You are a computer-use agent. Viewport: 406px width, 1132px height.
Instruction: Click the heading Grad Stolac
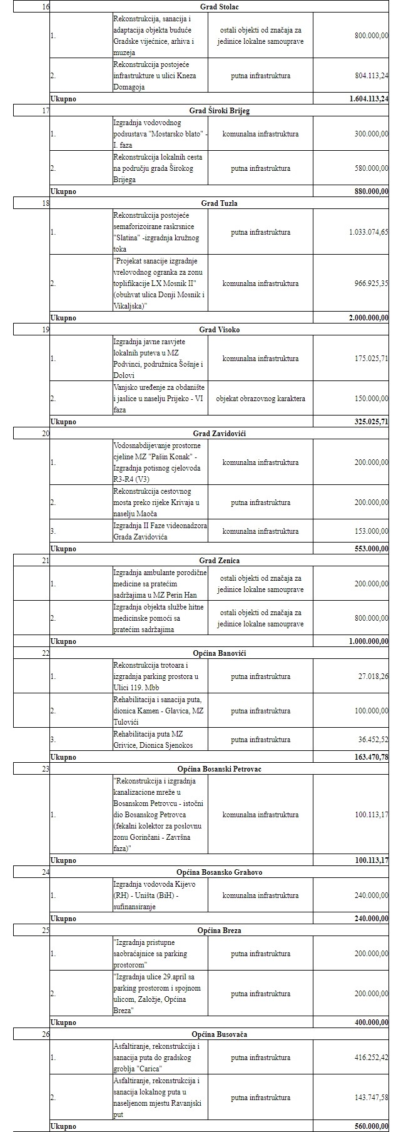point(219,7)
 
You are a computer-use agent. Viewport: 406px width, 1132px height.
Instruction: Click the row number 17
point(45,111)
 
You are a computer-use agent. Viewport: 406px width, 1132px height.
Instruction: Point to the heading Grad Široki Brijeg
point(219,111)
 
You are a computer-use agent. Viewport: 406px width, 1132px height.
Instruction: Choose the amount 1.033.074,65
point(368,232)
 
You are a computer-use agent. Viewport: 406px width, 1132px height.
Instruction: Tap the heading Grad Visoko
point(219,330)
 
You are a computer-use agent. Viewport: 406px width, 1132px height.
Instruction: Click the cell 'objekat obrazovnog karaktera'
point(260,399)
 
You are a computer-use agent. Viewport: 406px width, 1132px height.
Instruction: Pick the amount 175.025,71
point(371,359)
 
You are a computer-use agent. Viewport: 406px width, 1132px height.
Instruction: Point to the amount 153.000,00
point(371,531)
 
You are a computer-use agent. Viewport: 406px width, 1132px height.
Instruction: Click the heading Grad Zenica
point(219,561)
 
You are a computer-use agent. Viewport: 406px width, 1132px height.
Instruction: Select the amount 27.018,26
point(373,676)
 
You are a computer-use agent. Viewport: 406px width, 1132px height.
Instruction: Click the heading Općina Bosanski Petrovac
point(219,769)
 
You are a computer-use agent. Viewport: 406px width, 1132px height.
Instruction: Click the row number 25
point(45,931)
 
